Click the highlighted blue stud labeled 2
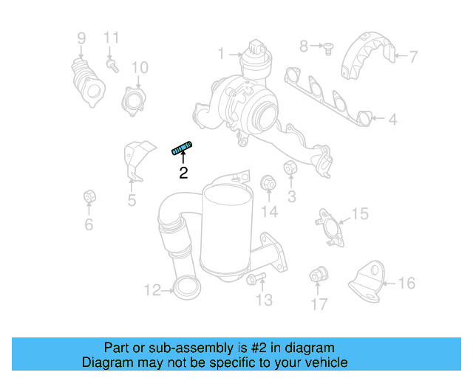click(182, 148)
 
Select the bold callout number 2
click(183, 173)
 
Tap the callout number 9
click(81, 38)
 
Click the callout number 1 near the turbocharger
click(220, 53)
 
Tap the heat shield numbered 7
click(367, 54)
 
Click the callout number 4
click(392, 118)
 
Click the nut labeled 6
click(88, 197)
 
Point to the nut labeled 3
click(291, 170)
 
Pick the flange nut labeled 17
click(319, 274)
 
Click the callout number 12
click(152, 290)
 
